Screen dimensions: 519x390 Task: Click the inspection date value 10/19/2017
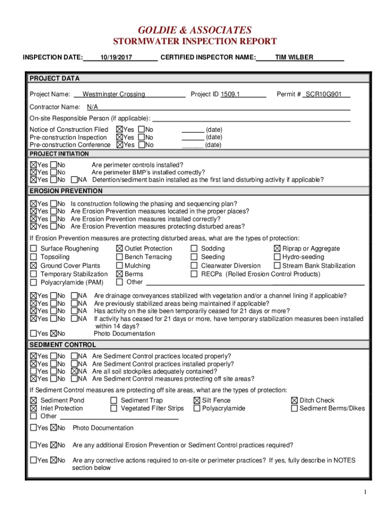pos(116,58)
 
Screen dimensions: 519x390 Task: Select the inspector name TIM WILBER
pos(294,57)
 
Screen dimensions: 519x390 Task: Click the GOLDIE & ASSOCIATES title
pos(194,30)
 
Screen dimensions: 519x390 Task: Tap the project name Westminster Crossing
pos(113,94)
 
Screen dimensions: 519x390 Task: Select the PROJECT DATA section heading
pos(54,79)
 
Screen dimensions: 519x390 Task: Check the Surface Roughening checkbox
pos(33,249)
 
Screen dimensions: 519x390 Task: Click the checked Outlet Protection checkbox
pos(120,249)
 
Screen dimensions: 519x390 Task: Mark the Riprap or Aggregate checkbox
pos(277,249)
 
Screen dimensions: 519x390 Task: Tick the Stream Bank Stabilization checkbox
pos(277,266)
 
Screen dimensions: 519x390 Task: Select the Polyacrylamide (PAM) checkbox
pos(33,282)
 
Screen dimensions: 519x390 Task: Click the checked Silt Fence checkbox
pos(197,400)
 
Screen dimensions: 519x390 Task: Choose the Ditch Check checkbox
pos(294,400)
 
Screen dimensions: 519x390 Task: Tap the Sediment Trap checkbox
pos(114,400)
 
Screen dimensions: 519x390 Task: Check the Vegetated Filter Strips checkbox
pos(114,409)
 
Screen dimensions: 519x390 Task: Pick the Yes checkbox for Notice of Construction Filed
pos(120,130)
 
